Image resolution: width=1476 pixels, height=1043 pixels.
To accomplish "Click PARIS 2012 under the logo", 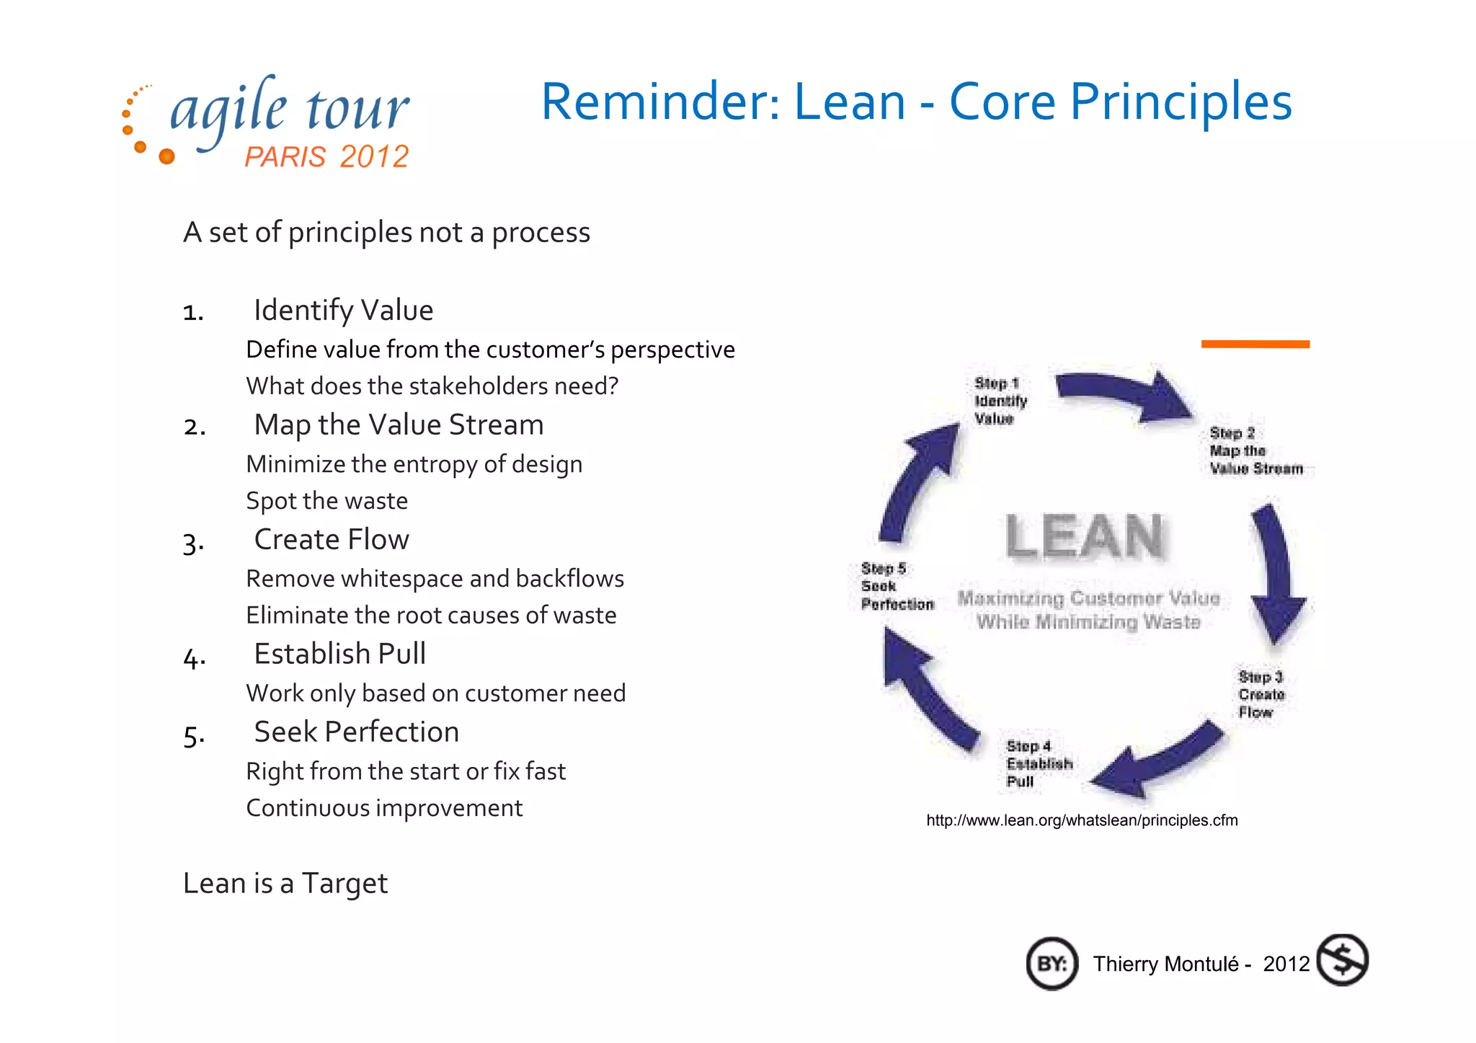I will (x=326, y=156).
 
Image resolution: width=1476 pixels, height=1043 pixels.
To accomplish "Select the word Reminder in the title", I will (x=659, y=102).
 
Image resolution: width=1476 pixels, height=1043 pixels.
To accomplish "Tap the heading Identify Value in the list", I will (x=343, y=310).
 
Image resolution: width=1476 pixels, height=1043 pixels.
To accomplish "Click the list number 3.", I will (x=193, y=542).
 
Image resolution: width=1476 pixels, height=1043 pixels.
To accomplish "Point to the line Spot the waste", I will (x=326, y=500).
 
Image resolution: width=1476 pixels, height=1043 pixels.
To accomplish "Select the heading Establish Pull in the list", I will (x=339, y=654).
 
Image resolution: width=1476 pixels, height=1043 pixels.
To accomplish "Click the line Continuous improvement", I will (x=383, y=808).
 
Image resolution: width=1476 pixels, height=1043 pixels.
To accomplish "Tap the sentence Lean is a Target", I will (x=285, y=883).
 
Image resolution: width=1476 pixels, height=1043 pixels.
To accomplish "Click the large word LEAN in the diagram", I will (x=1085, y=536).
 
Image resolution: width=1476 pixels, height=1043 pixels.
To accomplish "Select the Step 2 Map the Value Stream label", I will (x=1255, y=451).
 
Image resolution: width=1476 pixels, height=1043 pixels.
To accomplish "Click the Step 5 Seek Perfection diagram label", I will (x=896, y=586).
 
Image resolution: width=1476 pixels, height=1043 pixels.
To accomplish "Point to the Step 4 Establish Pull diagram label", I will (x=1039, y=763).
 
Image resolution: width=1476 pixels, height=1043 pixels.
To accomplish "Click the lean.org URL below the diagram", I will (x=1082, y=820).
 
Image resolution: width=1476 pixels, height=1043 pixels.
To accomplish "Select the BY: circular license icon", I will (x=1052, y=964).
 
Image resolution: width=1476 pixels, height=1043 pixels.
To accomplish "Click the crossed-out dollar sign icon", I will (x=1342, y=960).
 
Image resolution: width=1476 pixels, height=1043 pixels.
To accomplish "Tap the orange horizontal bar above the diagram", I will (x=1255, y=344).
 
